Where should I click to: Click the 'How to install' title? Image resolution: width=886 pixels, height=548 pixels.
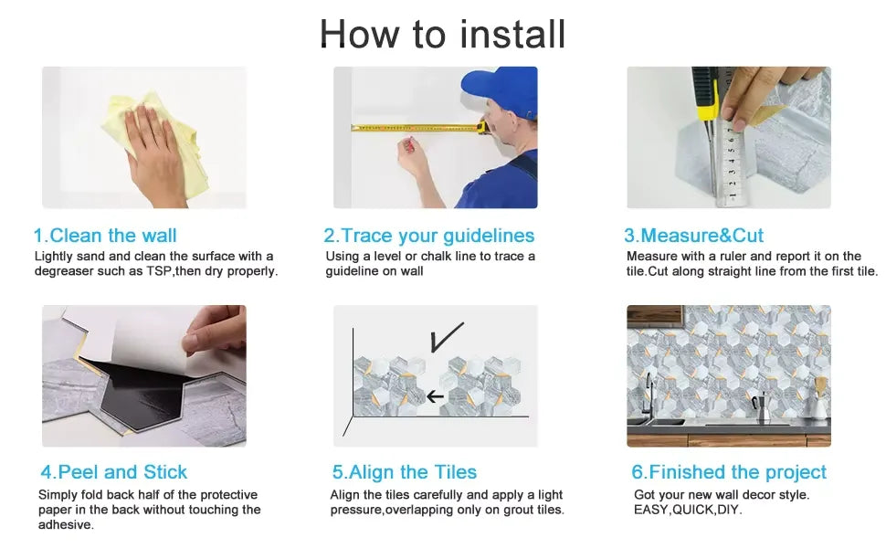[442, 34]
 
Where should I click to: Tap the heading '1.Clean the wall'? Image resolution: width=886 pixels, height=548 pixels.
[105, 235]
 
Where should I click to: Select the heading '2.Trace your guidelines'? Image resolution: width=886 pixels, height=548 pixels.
[429, 236]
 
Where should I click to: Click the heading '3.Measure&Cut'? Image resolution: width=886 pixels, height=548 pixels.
[693, 235]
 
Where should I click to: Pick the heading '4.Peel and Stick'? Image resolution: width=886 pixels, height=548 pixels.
[113, 471]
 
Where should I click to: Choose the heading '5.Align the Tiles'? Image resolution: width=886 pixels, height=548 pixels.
[405, 471]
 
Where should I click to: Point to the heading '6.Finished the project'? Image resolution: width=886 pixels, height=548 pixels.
[729, 471]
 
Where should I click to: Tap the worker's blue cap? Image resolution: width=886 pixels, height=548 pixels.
[500, 90]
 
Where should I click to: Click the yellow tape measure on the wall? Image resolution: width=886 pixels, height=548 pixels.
[419, 128]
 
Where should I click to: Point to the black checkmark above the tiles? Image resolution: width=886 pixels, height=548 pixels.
[447, 337]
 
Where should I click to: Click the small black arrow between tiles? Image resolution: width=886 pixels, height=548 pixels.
[435, 396]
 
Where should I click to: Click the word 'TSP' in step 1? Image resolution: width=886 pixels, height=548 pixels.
[159, 271]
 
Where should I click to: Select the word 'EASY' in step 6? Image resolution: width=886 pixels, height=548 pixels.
[650, 510]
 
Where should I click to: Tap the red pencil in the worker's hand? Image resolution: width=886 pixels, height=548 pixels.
[408, 145]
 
